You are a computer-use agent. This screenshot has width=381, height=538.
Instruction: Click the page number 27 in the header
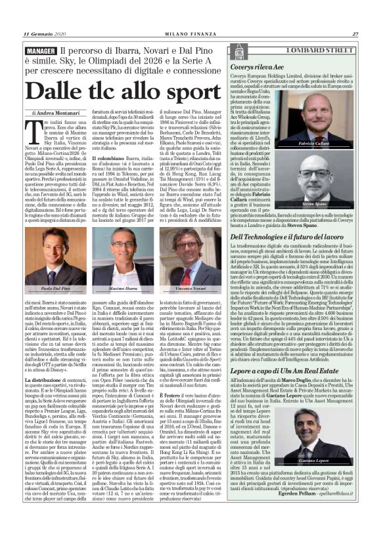click(354, 34)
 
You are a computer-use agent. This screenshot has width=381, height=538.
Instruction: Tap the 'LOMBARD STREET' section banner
click(309, 51)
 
